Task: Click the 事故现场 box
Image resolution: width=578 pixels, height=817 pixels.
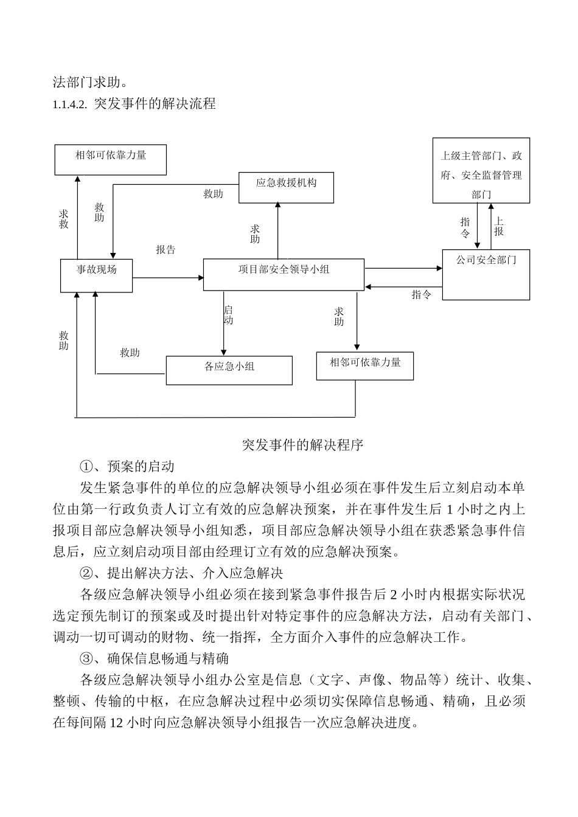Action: point(96,275)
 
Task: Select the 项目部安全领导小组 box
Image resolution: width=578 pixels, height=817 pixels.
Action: point(283,274)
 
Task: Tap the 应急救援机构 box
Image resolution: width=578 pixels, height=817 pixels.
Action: point(286,187)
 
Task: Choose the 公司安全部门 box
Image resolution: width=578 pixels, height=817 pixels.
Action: point(486,274)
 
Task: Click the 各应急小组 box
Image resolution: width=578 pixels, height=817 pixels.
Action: point(229,370)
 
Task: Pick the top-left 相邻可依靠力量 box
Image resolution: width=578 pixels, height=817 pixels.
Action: point(110,159)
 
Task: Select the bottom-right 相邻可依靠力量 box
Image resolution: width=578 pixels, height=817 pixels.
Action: point(365,366)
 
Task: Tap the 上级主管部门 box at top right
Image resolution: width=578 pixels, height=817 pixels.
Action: point(481,170)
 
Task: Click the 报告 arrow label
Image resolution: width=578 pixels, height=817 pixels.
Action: point(165,250)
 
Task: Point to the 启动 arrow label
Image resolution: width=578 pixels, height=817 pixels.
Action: point(228,315)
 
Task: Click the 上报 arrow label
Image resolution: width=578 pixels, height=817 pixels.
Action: point(499,227)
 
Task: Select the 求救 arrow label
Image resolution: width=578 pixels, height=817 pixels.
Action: point(64,219)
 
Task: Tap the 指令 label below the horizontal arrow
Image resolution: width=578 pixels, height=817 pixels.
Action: point(421,295)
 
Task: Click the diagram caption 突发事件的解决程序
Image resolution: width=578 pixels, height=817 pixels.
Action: point(302,445)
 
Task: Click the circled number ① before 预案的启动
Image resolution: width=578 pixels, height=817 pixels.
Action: point(86,467)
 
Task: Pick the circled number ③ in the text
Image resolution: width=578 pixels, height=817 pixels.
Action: point(86,658)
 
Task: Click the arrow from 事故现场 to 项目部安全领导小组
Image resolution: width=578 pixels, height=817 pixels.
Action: point(167,278)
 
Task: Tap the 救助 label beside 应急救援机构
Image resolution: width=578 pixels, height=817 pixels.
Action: point(213,195)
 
